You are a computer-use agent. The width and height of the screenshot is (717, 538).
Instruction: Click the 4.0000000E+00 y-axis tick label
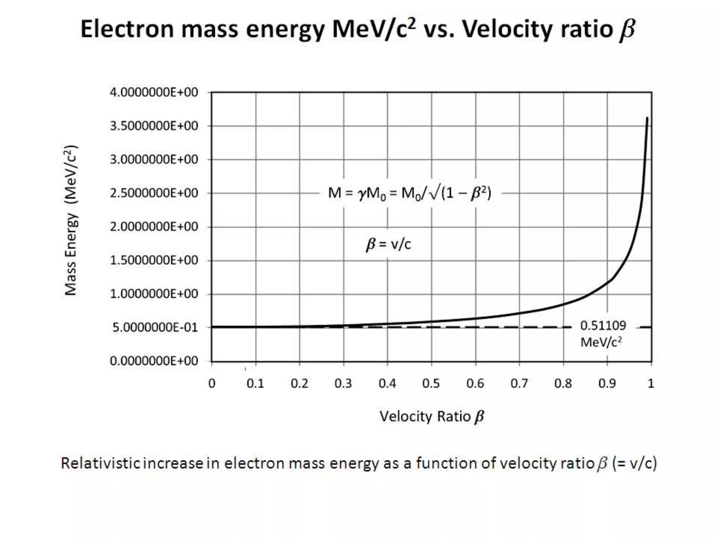(154, 92)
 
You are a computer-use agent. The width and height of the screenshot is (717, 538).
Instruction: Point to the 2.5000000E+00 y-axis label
(154, 193)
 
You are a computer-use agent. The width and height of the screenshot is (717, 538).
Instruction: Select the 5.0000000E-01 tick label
(155, 327)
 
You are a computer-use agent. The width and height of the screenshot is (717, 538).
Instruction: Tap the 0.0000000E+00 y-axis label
(154, 361)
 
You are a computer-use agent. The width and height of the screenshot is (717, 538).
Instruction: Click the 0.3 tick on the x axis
(343, 384)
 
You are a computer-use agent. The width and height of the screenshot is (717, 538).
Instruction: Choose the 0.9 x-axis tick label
(607, 384)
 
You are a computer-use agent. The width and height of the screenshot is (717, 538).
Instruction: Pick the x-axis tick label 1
(650, 384)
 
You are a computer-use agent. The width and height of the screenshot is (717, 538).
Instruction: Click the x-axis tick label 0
(212, 384)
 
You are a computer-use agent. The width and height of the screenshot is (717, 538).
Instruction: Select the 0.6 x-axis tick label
(475, 384)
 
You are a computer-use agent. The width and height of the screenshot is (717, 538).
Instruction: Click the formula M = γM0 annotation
(409, 193)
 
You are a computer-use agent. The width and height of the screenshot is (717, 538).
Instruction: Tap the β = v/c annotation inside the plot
(388, 244)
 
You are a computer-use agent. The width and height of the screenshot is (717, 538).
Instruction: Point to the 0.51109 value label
(603, 326)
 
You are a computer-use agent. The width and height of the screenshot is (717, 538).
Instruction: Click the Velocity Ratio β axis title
(431, 416)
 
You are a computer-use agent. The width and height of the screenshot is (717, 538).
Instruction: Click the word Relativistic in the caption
(101, 463)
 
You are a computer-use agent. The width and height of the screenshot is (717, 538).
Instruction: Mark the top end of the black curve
(647, 118)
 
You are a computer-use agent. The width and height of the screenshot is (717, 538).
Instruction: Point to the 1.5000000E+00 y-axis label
(154, 260)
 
